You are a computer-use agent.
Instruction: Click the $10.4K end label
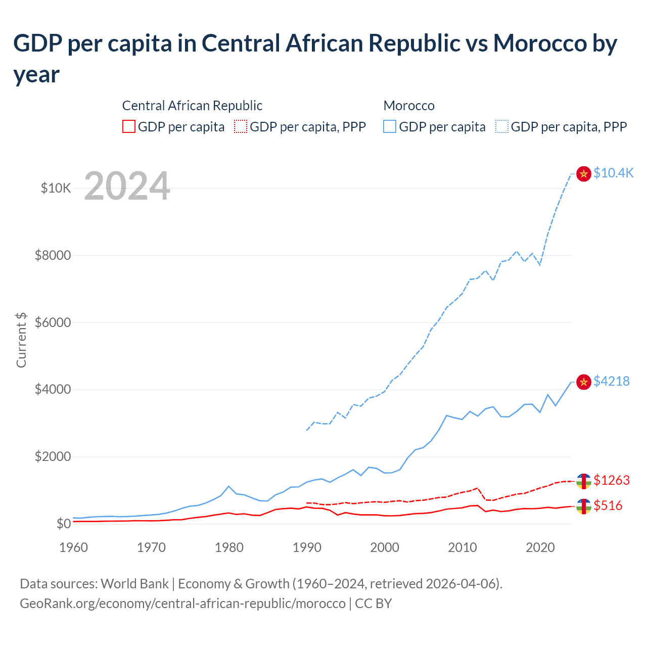[613, 173]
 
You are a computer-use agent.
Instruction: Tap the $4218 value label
[612, 381]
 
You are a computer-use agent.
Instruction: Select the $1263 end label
[612, 480]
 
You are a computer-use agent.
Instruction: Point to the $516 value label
[608, 505]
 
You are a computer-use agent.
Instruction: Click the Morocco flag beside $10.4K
[584, 174]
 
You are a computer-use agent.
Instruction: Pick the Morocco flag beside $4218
[584, 382]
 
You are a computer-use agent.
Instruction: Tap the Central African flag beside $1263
[584, 481]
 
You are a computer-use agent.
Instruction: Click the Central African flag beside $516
[584, 506]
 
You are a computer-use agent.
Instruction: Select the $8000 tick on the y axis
[53, 255]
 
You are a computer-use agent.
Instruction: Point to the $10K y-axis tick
[56, 189]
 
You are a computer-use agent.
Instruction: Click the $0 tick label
[63, 524]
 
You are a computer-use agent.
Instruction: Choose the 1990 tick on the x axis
[307, 547]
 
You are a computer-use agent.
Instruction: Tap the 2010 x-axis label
[463, 547]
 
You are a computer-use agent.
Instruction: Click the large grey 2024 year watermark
[127, 186]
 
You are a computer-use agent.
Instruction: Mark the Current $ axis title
[21, 340]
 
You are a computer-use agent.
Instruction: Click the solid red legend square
[129, 126]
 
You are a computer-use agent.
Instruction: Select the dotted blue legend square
[502, 126]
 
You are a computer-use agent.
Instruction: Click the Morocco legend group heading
[409, 106]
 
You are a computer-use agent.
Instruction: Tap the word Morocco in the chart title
[540, 43]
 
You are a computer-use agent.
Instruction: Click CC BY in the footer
[373, 604]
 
